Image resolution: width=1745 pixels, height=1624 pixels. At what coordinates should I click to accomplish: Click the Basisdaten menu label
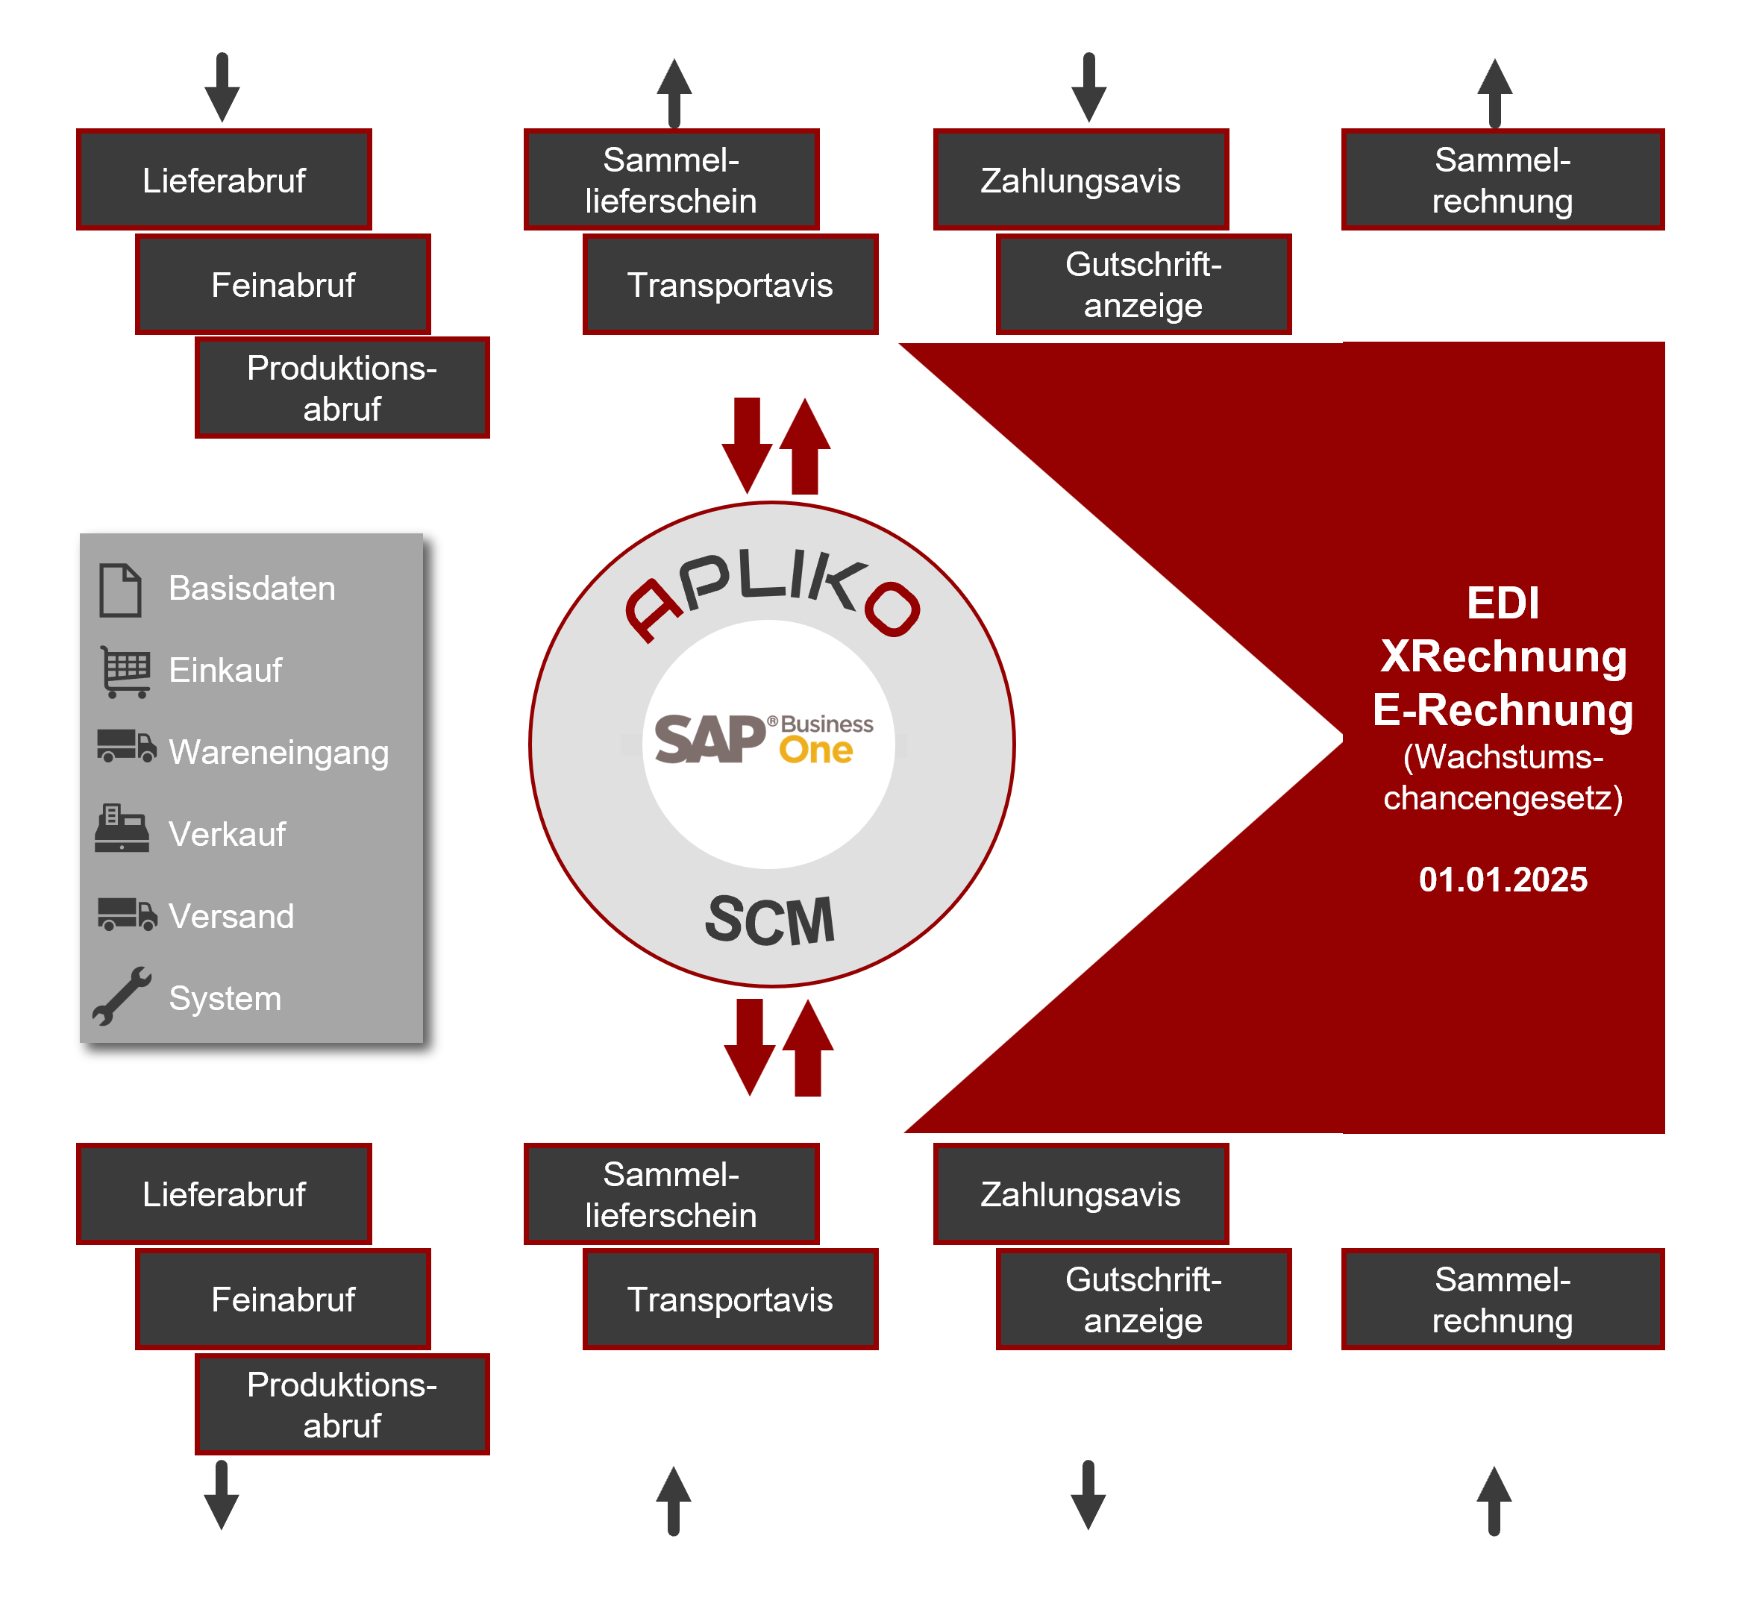click(x=252, y=588)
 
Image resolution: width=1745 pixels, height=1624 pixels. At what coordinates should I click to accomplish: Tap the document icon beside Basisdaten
click(x=120, y=590)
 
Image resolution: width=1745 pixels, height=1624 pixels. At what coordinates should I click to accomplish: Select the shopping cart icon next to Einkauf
click(x=125, y=671)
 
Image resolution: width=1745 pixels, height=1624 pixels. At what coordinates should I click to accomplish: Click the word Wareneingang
click(x=278, y=752)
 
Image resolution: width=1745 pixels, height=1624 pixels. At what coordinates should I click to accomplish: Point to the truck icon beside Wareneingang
click(x=126, y=746)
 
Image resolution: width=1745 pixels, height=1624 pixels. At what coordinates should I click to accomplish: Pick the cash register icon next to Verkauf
click(x=122, y=829)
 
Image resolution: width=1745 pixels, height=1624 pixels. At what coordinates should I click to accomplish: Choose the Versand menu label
click(x=231, y=917)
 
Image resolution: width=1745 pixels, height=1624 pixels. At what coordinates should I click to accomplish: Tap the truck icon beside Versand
click(x=126, y=914)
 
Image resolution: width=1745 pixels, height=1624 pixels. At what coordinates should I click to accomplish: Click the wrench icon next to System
click(x=122, y=997)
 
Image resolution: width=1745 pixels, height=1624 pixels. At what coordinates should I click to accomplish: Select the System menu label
click(x=225, y=998)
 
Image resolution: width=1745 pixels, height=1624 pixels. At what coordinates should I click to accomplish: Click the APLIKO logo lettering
click(x=771, y=595)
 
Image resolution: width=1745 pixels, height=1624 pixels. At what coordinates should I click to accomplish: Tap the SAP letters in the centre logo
click(x=709, y=739)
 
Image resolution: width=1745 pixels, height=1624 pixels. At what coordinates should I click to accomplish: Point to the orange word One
click(x=815, y=750)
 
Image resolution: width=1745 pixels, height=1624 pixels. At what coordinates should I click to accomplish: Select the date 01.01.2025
click(x=1503, y=880)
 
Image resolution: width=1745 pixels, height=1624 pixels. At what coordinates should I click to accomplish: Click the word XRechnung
click(x=1503, y=656)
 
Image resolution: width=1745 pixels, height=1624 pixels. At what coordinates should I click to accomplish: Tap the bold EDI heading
click(x=1503, y=603)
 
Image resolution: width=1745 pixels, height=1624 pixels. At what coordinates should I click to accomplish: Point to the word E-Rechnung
click(x=1503, y=709)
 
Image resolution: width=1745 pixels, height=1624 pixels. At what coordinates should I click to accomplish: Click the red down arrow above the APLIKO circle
click(x=747, y=444)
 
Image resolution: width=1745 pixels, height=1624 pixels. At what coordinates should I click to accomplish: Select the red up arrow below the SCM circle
click(x=807, y=1048)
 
